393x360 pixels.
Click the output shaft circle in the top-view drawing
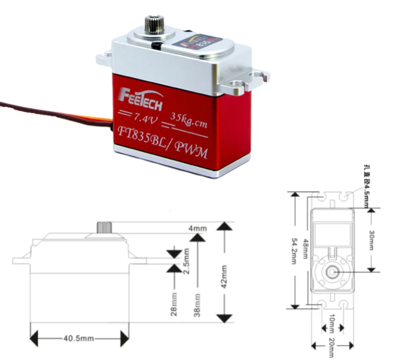[332, 272]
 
